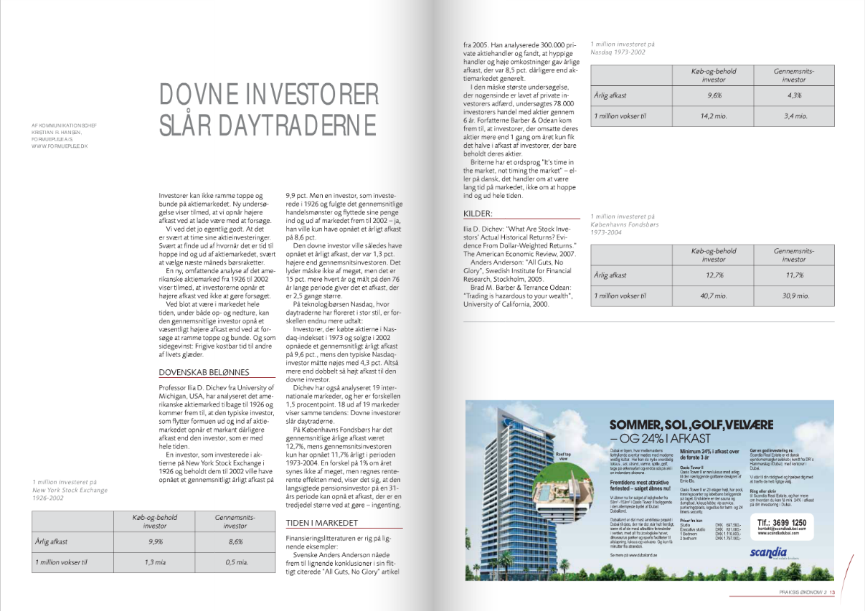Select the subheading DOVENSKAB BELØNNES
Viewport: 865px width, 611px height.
click(x=204, y=372)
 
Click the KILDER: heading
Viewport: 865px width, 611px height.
click(x=479, y=214)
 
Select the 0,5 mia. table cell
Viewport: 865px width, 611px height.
click(x=237, y=562)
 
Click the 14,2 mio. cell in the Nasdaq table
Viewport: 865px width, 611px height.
click(x=714, y=115)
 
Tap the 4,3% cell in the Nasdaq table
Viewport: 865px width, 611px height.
click(x=794, y=95)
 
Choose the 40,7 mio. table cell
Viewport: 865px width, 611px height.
click(x=714, y=295)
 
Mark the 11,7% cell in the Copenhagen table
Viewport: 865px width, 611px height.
click(x=794, y=275)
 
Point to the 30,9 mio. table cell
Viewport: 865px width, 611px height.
click(x=794, y=295)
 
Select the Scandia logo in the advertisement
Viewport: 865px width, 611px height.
click(x=769, y=553)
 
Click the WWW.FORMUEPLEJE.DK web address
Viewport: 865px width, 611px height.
click(x=55, y=146)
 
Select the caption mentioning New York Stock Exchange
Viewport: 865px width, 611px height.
click(x=70, y=491)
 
